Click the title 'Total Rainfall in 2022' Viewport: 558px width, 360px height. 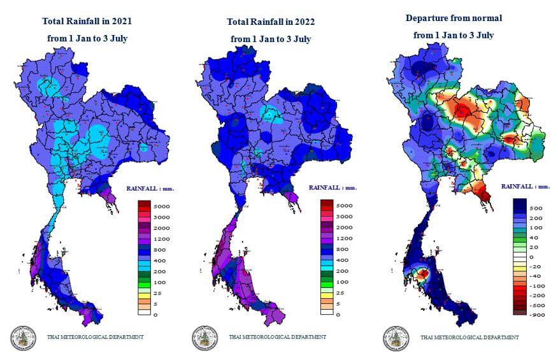pos(271,22)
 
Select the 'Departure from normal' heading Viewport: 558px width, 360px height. pos(453,18)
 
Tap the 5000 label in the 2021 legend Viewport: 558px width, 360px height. pos(161,206)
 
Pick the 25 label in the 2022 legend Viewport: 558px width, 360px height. pos(341,292)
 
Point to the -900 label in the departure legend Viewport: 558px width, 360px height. pos(538,314)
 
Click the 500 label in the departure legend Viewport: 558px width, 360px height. pos(536,208)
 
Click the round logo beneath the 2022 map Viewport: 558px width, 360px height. pos(204,338)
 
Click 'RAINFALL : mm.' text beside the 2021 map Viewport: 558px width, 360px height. pos(150,189)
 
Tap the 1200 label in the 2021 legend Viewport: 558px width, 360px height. pos(161,238)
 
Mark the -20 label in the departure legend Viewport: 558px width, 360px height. pos(537,266)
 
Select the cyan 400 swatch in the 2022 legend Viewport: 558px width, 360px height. pos(326,260)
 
